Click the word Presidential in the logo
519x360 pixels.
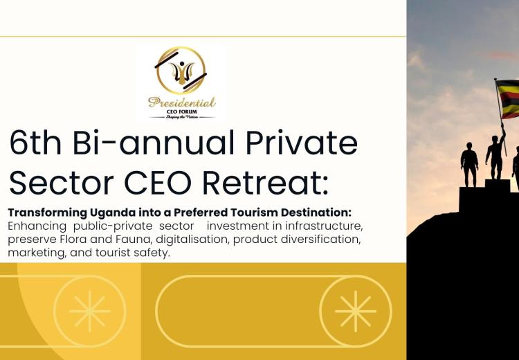tap(182, 102)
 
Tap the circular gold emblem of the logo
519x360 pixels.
tap(181, 71)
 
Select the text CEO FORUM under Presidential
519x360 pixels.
tap(182, 111)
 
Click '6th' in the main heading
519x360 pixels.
tap(35, 143)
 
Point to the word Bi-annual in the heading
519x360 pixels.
tap(153, 143)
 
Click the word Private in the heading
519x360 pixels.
tap(302, 143)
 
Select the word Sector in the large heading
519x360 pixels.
tap(62, 183)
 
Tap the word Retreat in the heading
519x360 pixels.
tap(266, 183)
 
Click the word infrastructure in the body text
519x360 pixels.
tap(324, 226)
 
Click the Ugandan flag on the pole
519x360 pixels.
tap(507, 99)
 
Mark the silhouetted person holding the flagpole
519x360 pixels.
tap(496, 152)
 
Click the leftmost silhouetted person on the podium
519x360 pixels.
tap(469, 165)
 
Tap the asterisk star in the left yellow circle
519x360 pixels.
tap(90, 312)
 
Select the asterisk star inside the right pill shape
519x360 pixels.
tap(356, 312)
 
